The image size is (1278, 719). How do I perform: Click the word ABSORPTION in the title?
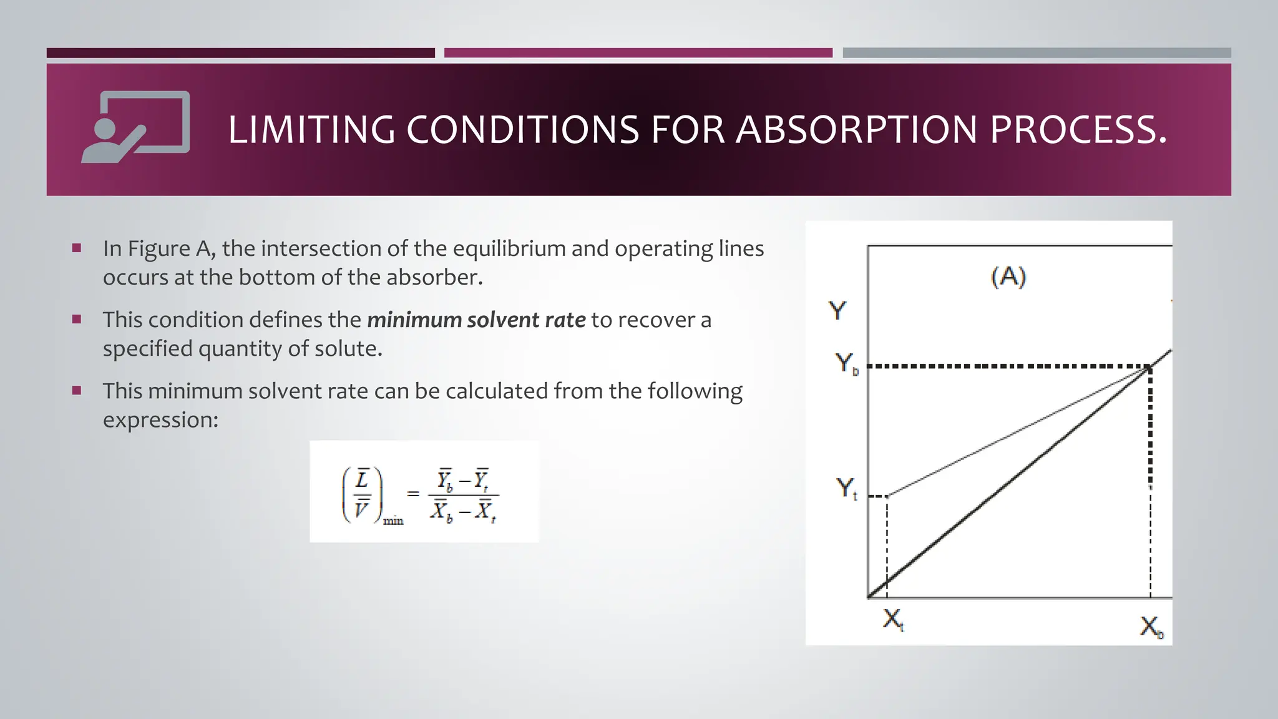[856, 130]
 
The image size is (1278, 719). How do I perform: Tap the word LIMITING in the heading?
[311, 130]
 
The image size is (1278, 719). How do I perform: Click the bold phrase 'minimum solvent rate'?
[476, 320]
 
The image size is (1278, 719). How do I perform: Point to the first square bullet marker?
[77, 248]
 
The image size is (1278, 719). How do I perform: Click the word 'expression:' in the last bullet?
[160, 420]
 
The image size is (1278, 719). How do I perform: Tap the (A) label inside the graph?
[1008, 276]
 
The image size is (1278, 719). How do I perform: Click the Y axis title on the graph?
[837, 310]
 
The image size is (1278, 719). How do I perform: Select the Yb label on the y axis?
[846, 363]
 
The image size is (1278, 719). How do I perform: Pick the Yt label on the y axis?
[846, 488]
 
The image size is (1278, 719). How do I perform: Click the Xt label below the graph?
[893, 620]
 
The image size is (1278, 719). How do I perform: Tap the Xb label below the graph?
[1152, 626]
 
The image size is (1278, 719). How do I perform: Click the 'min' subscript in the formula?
[393, 521]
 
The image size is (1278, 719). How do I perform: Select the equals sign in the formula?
[412, 494]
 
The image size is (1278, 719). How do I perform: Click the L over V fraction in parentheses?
[362, 495]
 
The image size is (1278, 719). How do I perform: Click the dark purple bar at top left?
[240, 53]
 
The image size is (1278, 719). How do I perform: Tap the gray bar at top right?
[1037, 53]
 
